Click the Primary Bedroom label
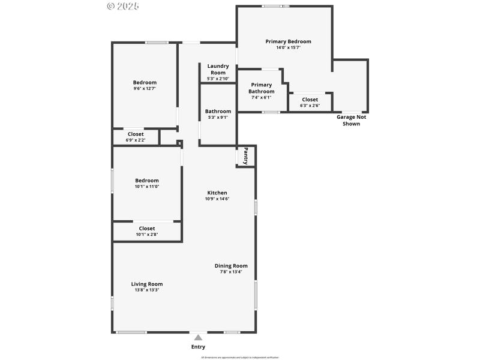[288, 41]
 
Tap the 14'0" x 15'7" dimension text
[288, 47]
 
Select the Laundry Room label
[218, 69]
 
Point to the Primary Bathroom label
[262, 88]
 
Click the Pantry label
[245, 156]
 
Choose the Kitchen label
[217, 193]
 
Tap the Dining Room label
[231, 266]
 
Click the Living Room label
[147, 284]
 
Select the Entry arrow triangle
[198, 338]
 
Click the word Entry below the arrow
[198, 347]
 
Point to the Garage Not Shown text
[351, 120]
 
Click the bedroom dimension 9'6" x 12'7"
[145, 89]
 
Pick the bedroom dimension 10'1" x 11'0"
[147, 187]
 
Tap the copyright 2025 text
[122, 6]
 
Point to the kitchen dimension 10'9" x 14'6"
[217, 199]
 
